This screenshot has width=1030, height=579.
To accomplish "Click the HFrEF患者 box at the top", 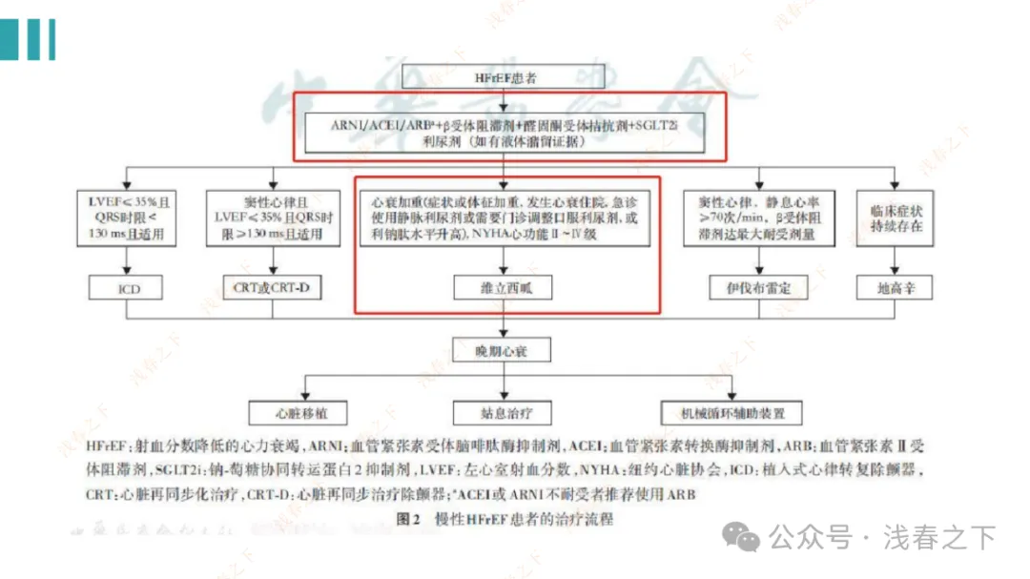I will click(505, 77).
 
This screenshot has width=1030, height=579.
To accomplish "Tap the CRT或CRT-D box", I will click(273, 286).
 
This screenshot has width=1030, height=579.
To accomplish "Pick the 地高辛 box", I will click(896, 286).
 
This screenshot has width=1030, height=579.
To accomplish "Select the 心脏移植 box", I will click(298, 413).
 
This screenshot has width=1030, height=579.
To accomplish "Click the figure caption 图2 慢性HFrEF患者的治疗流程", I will click(503, 520).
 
